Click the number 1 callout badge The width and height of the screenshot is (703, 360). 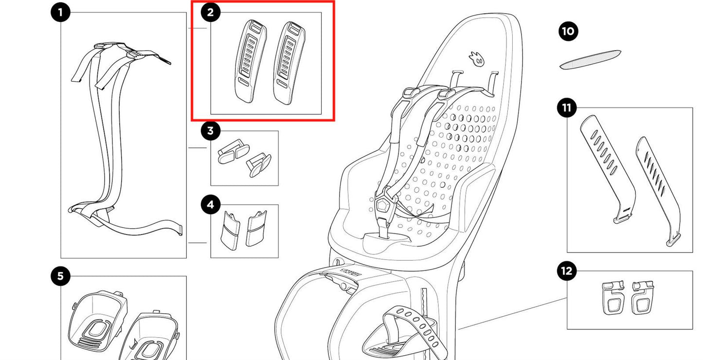(x=60, y=13)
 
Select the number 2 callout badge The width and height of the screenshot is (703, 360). (x=210, y=13)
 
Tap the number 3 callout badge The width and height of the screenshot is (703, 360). (x=210, y=130)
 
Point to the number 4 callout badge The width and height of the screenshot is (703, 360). (x=210, y=205)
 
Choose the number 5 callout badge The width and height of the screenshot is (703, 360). (x=60, y=276)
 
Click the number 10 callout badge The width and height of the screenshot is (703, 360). (x=567, y=32)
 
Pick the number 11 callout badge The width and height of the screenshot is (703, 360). (x=567, y=108)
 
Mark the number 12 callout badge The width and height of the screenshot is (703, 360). (x=567, y=271)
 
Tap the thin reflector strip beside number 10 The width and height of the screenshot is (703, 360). (x=590, y=59)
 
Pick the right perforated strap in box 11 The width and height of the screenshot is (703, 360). (x=659, y=190)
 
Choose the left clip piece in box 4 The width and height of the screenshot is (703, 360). (x=229, y=228)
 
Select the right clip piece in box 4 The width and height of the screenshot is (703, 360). (x=257, y=228)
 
